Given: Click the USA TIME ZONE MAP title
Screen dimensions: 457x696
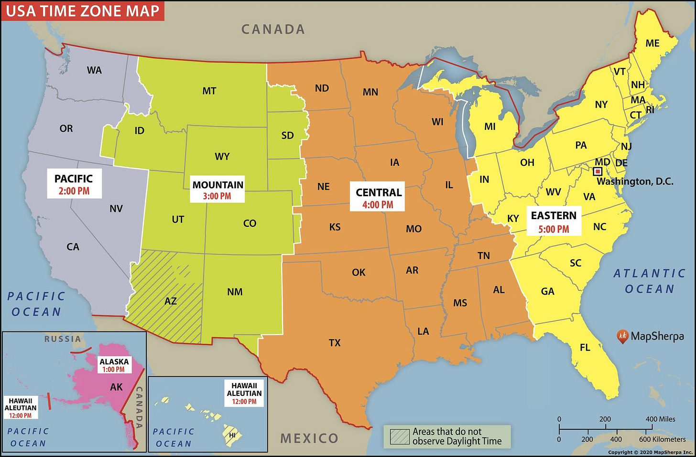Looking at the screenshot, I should pyautogui.click(x=82, y=11).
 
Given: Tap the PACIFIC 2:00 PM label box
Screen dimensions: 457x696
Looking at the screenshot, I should pyautogui.click(x=74, y=184).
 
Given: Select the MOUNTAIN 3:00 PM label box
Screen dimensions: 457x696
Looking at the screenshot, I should pyautogui.click(x=217, y=190).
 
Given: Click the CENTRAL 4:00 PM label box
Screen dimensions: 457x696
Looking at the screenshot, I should pyautogui.click(x=378, y=198).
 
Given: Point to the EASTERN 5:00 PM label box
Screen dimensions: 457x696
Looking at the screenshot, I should pyautogui.click(x=554, y=222).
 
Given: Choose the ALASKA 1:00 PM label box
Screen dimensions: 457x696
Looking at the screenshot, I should pyautogui.click(x=114, y=365).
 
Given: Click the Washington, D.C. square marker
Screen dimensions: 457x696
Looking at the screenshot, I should pyautogui.click(x=598, y=171).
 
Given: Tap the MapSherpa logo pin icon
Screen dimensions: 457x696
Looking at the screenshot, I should pyautogui.click(x=622, y=336).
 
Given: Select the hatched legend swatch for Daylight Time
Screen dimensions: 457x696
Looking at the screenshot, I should pyautogui.click(x=400, y=436).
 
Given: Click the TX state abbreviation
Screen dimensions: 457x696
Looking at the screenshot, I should pyautogui.click(x=335, y=343).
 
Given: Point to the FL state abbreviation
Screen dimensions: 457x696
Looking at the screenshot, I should pyautogui.click(x=585, y=348).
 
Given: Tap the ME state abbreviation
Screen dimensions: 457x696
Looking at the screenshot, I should pyautogui.click(x=652, y=43).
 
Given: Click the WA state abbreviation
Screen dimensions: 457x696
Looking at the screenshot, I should pyautogui.click(x=94, y=70).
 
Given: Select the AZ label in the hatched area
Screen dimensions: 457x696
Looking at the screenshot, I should pyautogui.click(x=171, y=301).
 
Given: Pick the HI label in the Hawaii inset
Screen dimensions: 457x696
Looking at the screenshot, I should pyautogui.click(x=232, y=435).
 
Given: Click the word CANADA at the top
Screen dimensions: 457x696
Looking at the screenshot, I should pyautogui.click(x=273, y=30).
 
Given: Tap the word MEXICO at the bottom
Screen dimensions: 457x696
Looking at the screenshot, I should pyautogui.click(x=309, y=438).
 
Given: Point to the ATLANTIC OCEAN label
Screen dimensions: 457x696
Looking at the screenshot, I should pyautogui.click(x=649, y=281).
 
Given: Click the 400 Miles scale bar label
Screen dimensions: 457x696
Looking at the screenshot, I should pyautogui.click(x=660, y=419).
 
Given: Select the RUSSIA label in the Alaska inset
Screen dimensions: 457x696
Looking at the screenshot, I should pyautogui.click(x=63, y=339).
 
